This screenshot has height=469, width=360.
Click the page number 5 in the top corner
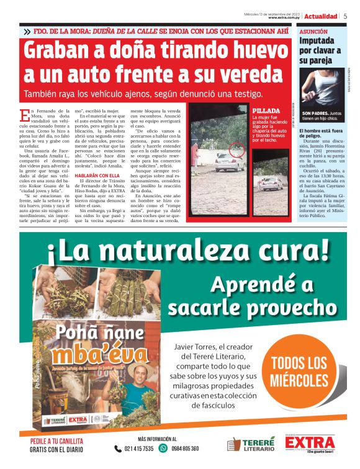pos(345,16)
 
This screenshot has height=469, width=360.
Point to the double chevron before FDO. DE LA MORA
pos(27,30)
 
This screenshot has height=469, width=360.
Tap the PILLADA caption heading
pos(266,110)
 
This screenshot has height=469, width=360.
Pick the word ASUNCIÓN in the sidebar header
pos(315,30)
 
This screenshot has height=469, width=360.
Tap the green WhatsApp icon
pos(163,448)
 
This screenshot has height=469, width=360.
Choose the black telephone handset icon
pos(118,449)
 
